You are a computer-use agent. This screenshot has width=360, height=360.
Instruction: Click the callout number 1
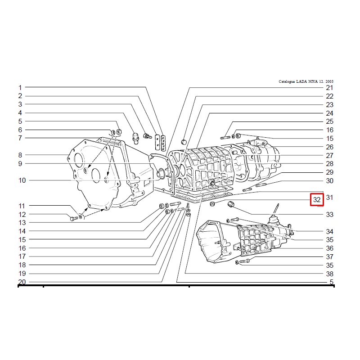20,87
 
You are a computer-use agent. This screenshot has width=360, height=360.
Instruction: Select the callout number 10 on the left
22,180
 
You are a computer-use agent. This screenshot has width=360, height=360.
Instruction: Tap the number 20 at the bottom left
22,282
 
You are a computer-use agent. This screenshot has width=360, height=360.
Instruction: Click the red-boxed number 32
317,199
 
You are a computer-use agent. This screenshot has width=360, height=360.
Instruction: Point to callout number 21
329,87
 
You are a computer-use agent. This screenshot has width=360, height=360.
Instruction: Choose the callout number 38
329,274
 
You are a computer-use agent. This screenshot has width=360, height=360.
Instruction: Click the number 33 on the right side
329,215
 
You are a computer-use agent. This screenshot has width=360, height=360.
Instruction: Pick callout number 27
329,155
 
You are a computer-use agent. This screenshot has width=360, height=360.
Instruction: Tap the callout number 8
20,155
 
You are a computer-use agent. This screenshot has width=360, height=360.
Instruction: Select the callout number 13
22,222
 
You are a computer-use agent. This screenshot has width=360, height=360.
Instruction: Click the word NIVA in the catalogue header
312,81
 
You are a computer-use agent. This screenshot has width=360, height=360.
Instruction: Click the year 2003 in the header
329,81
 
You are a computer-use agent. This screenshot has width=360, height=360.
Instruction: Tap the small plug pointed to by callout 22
184,142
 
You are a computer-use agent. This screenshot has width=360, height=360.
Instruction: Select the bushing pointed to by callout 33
231,204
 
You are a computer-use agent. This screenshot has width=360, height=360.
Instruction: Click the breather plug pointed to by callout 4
136,138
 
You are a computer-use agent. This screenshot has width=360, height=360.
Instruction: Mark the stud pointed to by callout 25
225,138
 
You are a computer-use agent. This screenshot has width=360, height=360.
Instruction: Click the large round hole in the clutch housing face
78,160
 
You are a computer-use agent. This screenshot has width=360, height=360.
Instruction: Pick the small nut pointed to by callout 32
212,204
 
